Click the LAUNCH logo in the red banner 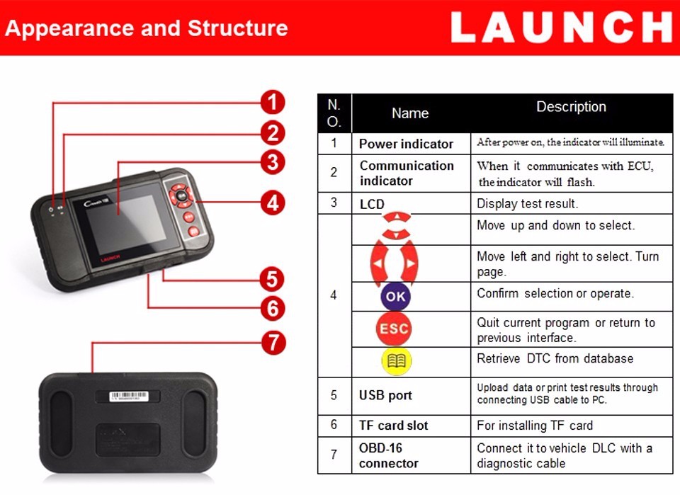coord(561,28)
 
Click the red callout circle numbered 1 coord(272,102)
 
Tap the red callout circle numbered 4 coord(272,203)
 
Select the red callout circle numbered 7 coord(272,343)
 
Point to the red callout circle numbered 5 coord(272,278)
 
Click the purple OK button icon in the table coord(395,296)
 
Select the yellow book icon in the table coord(396,361)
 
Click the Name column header coord(410,113)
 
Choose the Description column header coord(571,107)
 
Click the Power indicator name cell coord(406,144)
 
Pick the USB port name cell coord(385,395)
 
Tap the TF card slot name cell coord(394,426)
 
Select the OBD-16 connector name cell coord(389,455)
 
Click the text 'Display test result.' coord(528,204)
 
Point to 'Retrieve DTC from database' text coord(555,358)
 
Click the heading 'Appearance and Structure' coord(147,28)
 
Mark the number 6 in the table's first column coord(334,425)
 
